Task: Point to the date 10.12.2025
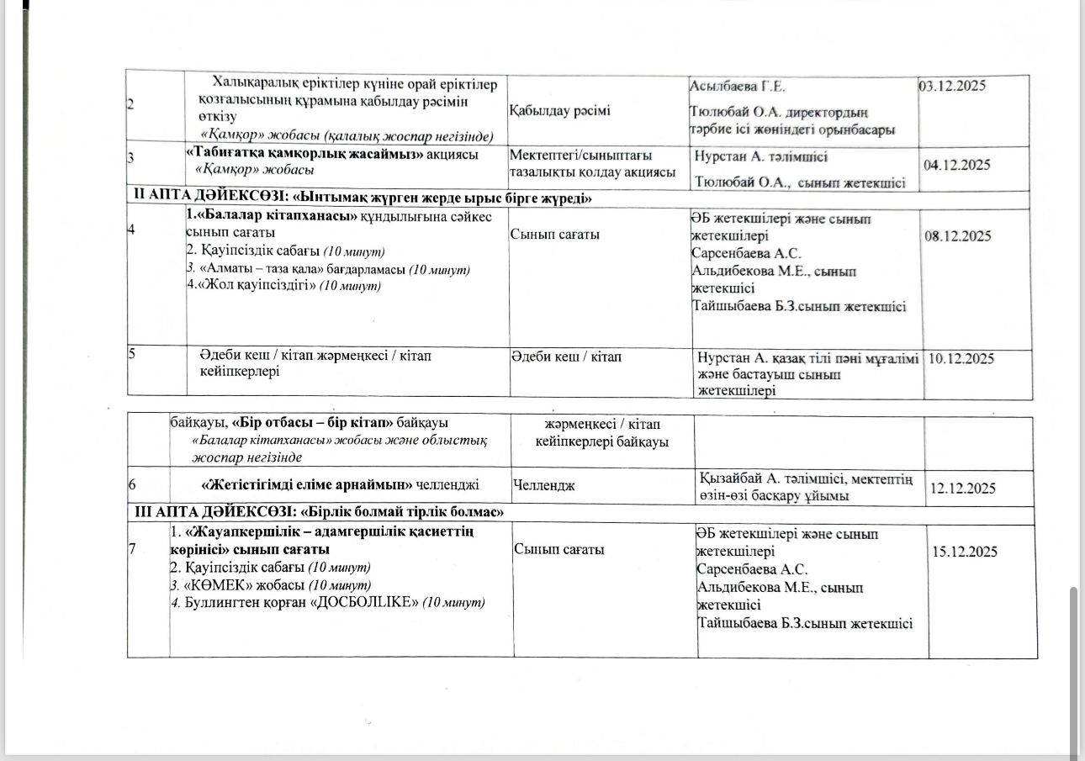[x=961, y=359]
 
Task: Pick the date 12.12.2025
[x=961, y=489]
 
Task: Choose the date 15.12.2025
[x=965, y=552]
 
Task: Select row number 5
[x=132, y=354]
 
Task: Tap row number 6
[x=132, y=486]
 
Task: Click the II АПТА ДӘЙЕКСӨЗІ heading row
[x=369, y=198]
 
